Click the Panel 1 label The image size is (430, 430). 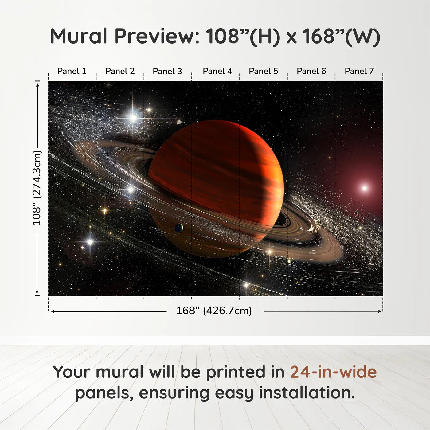72,71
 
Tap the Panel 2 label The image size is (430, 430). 120,71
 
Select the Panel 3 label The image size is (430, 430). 167,71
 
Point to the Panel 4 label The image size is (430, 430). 217,71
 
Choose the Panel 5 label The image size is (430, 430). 264,71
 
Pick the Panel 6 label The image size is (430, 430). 311,71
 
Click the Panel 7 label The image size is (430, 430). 359,71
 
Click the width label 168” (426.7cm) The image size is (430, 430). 214,311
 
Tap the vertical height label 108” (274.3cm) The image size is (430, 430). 37,188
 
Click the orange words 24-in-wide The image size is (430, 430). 333,372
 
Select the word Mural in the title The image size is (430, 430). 79,36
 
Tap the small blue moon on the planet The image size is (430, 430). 179,228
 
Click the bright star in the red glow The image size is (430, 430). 364,188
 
